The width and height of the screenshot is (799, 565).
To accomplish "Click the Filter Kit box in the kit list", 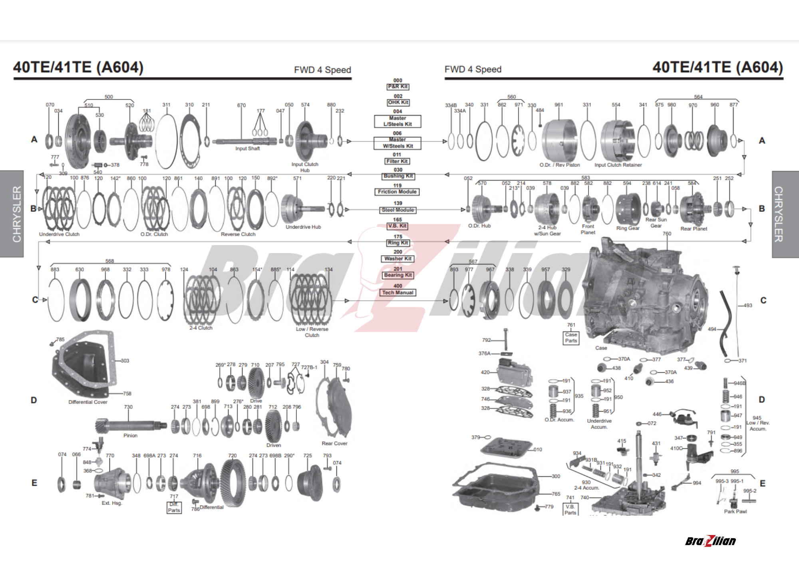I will tap(397, 161).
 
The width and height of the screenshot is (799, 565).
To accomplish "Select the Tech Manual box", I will tap(398, 292).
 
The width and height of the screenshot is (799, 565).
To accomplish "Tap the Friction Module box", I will tap(397, 192).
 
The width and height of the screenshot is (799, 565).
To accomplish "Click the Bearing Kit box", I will tap(398, 275).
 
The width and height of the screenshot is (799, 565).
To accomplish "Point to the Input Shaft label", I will tap(247, 149).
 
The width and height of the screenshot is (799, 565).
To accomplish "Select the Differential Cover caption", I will tap(88, 402).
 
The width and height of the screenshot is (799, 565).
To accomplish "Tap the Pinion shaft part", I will tap(130, 426).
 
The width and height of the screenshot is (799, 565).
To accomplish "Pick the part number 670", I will tap(241, 105).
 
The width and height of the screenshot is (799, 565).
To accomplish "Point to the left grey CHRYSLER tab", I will tap(12, 214).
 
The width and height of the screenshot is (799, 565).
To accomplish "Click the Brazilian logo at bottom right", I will tap(710, 541).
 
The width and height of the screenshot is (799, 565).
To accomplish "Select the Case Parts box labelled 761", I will tap(571, 338).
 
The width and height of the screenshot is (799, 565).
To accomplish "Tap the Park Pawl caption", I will tap(735, 511).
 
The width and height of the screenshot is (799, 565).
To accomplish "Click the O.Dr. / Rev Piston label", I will tap(559, 165).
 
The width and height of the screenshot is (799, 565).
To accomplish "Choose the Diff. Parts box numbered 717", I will tap(174, 507).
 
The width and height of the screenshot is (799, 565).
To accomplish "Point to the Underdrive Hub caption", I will tap(303, 227).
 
